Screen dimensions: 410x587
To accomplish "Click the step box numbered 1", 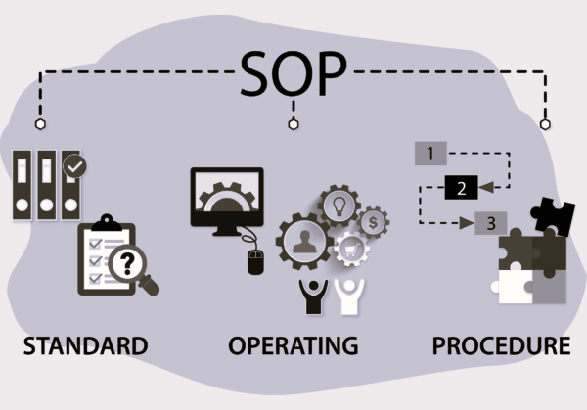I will click(430, 153).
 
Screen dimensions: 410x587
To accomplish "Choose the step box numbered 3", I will click(490, 222).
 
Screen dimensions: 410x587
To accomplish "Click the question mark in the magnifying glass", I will click(128, 261).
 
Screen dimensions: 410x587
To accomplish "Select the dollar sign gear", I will click(373, 221).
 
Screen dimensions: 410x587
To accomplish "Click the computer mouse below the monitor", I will click(255, 261).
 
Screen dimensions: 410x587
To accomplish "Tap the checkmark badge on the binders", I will click(74, 168).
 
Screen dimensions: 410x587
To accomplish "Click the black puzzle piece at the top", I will click(553, 215).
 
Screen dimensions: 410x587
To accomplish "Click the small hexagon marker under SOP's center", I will click(292, 124).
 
